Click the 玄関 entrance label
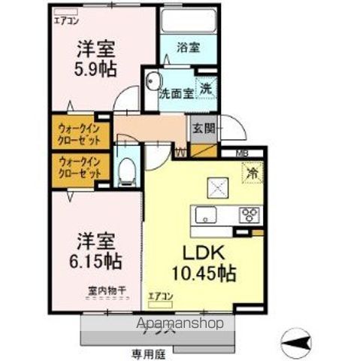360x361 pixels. coord(202,128)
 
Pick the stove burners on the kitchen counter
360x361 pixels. coord(249,215)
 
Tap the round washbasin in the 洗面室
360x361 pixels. coord(153,81)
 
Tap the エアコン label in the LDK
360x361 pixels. coord(159,296)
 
